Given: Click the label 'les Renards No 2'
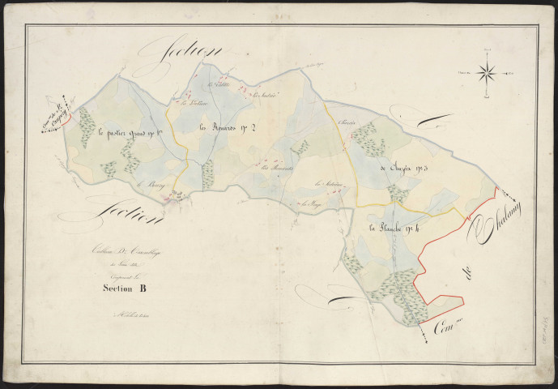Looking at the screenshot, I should [x=228, y=126].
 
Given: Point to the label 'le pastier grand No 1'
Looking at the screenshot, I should [x=127, y=133].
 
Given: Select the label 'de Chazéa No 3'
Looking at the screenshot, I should [x=407, y=170].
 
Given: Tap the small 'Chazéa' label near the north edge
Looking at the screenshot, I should [x=349, y=125].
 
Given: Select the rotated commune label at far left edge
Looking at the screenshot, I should [x=56, y=115].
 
